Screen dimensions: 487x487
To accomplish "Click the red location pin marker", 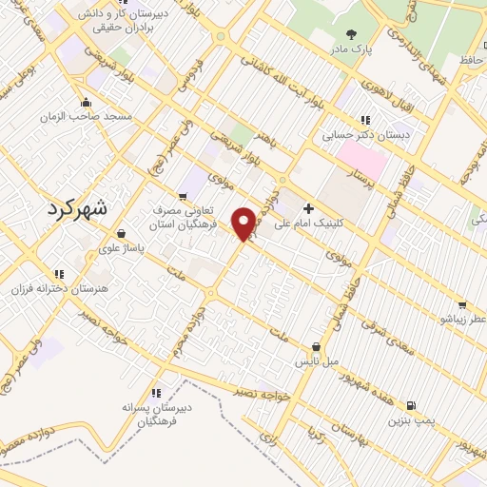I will [x=244, y=223].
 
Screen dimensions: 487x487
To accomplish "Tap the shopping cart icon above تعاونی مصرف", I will [x=182, y=196].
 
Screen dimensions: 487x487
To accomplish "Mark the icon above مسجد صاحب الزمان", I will [x=87, y=101].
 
